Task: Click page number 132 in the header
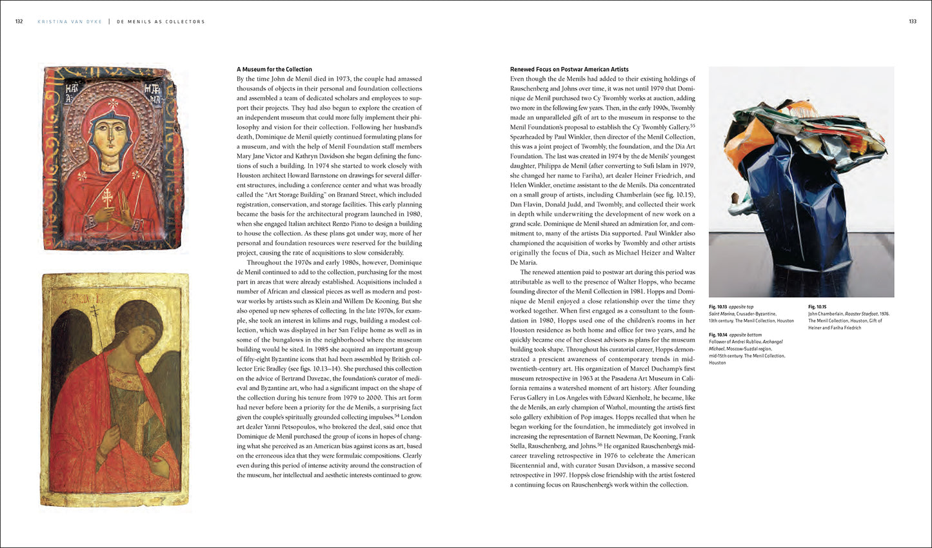coord(19,21)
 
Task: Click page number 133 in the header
coord(913,21)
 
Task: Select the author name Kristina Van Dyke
coord(72,21)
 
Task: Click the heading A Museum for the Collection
coord(274,69)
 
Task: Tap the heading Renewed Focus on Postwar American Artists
coord(569,69)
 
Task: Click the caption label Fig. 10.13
coord(717,306)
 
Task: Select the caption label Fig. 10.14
coord(717,335)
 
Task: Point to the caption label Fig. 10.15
coord(817,306)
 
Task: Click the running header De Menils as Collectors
coord(161,21)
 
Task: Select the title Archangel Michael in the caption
coord(769,342)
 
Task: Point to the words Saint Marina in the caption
coord(723,313)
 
